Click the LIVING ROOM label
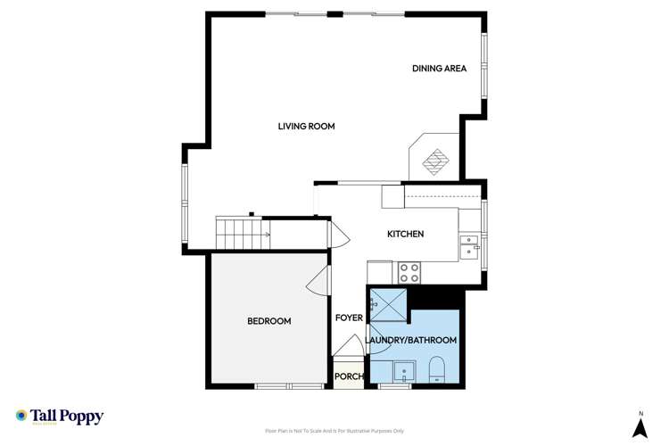pos(306,127)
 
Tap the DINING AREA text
pos(439,69)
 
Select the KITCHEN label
pos(404,234)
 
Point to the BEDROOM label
pos(268,321)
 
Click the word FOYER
pos(348,318)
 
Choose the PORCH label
pos(348,376)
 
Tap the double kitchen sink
pos(469,247)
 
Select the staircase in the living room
pos(240,235)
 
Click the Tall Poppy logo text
pos(67,416)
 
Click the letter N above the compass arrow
pos(640,412)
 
